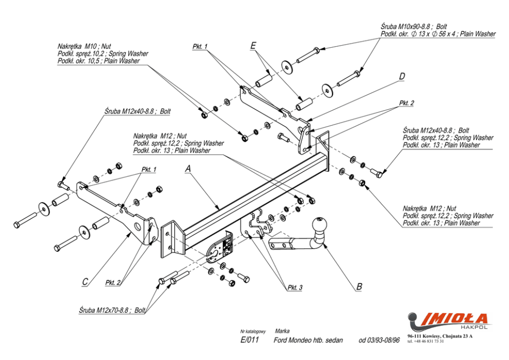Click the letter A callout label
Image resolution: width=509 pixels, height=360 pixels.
click(188, 169)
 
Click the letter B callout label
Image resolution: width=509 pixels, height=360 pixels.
click(359, 286)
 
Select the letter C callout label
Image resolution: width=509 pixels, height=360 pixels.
click(85, 282)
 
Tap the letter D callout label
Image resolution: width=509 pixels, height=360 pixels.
click(402, 76)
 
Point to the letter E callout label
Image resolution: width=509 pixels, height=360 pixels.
click(253, 46)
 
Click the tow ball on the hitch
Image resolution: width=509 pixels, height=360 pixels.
click(320, 224)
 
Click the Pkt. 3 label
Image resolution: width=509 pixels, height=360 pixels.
click(295, 287)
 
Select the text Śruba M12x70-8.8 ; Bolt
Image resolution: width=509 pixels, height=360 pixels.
click(112, 310)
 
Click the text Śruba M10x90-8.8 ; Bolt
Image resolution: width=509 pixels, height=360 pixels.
click(414, 27)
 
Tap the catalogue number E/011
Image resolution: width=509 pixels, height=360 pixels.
click(250, 339)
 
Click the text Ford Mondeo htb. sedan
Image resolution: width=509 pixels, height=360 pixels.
click(308, 340)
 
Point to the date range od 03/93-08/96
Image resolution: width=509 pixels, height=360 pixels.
click(379, 340)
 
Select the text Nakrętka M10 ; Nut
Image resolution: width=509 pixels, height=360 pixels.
click(84, 46)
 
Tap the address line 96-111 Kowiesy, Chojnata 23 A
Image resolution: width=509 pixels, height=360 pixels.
click(440, 336)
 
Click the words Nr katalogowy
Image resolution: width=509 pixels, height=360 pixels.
click(253, 331)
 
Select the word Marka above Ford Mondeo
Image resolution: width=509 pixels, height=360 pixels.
click(282, 331)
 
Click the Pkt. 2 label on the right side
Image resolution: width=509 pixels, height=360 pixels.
click(406, 103)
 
